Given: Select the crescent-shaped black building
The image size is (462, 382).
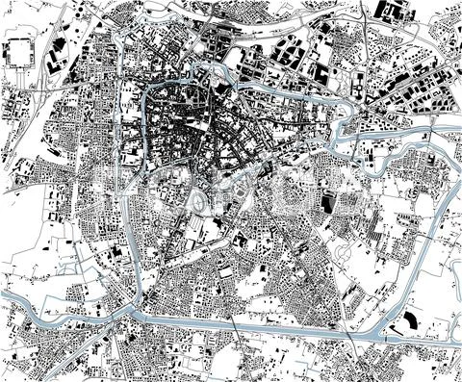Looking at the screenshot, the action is tap(410, 320).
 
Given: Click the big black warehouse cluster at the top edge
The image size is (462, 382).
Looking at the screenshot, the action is tap(390, 12).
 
